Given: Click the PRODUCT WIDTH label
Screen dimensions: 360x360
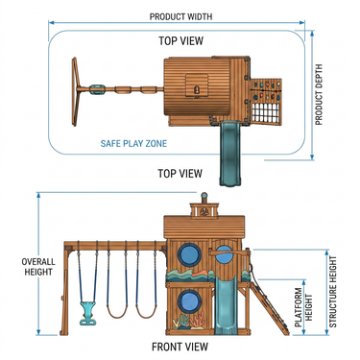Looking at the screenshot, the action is (x=180, y=16).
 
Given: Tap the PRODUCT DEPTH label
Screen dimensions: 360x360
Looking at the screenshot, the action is (x=319, y=95).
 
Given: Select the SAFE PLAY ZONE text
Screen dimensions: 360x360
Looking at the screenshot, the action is (x=133, y=143).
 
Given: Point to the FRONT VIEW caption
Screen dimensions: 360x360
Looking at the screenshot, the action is (x=180, y=347).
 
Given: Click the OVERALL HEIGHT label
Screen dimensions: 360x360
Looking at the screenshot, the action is (x=38, y=267).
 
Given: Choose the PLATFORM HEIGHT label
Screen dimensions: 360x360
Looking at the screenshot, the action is (x=303, y=307).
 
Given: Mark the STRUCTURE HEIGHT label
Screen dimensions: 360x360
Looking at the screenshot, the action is (x=333, y=292).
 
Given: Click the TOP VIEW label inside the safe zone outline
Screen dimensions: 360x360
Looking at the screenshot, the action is (x=181, y=41).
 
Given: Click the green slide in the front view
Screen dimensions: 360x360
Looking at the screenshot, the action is (x=226, y=304).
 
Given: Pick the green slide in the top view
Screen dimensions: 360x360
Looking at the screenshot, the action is (x=229, y=153).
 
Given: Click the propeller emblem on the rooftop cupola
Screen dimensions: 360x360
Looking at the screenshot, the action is (x=204, y=211).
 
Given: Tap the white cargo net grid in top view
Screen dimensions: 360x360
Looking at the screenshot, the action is (x=266, y=111).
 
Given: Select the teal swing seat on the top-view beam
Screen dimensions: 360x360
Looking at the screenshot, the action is (x=97, y=89).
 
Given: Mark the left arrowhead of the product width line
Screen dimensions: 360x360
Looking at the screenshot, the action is (x=51, y=22).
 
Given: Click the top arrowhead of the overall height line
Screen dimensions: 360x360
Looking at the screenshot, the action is (x=38, y=195).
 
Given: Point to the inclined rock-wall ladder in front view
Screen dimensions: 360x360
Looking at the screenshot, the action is (x=269, y=308).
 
